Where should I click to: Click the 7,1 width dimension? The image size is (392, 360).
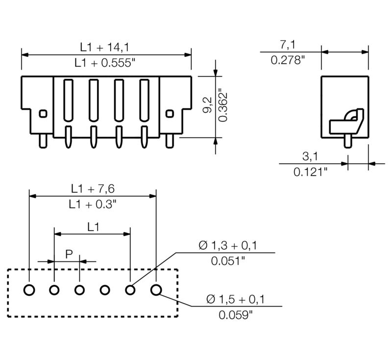(x=288, y=45)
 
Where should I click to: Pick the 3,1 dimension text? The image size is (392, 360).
(x=310, y=156)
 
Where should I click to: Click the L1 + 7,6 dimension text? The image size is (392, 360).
(x=93, y=188)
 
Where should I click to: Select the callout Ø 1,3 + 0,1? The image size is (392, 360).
(x=228, y=245)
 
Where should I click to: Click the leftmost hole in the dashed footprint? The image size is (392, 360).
(x=29, y=290)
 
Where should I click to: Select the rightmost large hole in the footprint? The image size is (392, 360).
(x=156, y=290)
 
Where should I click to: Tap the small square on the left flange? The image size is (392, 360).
(x=43, y=113)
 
